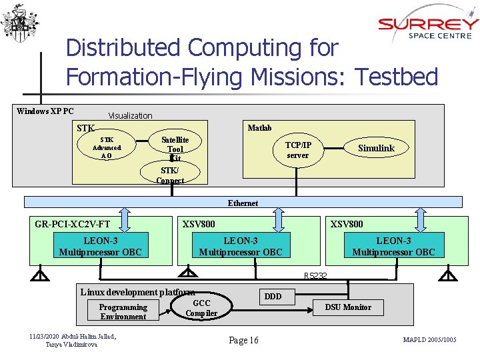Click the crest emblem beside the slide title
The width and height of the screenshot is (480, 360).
pyautogui.click(x=15, y=23)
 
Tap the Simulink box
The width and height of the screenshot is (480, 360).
pyautogui.click(x=376, y=148)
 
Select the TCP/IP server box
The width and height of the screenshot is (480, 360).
pyautogui.click(x=298, y=150)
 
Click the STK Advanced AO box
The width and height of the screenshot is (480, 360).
pyautogui.click(x=107, y=147)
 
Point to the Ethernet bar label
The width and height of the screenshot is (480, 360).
pyautogui.click(x=243, y=203)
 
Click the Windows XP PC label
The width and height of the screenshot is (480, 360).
pyautogui.click(x=45, y=111)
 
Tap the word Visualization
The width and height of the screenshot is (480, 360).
pyautogui.click(x=130, y=116)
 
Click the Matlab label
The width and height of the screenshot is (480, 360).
pyautogui.click(x=259, y=127)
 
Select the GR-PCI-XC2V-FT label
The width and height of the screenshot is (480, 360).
pyautogui.click(x=73, y=225)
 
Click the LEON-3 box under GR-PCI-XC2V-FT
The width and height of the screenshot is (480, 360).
pyautogui.click(x=100, y=245)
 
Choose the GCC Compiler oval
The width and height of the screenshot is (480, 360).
pyautogui.click(x=201, y=308)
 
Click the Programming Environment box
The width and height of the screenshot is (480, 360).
pyautogui.click(x=123, y=311)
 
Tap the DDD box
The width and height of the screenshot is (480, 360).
pyautogui.click(x=273, y=297)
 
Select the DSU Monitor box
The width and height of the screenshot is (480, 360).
pyautogui.click(x=348, y=307)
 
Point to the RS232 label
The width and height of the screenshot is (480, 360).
pyautogui.click(x=315, y=276)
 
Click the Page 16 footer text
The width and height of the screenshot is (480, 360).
pyautogui.click(x=243, y=341)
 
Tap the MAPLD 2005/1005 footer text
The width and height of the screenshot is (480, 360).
pyautogui.click(x=430, y=341)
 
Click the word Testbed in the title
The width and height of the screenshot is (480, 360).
pyautogui.click(x=397, y=77)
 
